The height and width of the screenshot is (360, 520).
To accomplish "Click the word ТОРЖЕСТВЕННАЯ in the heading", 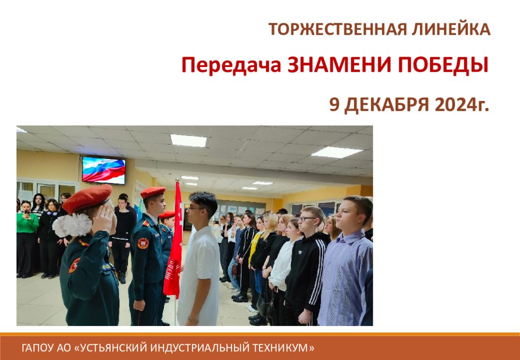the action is pos(337,29).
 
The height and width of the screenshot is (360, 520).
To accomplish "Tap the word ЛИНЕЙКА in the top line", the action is pos(451,29).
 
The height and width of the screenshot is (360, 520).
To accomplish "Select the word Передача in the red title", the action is pos(231,66).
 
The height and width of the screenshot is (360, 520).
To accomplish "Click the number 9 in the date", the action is pos(334,105).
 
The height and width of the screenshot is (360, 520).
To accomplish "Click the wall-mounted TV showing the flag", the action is pos(104,170).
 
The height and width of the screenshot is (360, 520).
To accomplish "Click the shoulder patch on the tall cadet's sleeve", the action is pos(143,243).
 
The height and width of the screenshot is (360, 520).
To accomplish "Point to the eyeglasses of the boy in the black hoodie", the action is pos(308,219).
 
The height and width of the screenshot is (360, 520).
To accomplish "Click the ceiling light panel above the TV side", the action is pos(188,140).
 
